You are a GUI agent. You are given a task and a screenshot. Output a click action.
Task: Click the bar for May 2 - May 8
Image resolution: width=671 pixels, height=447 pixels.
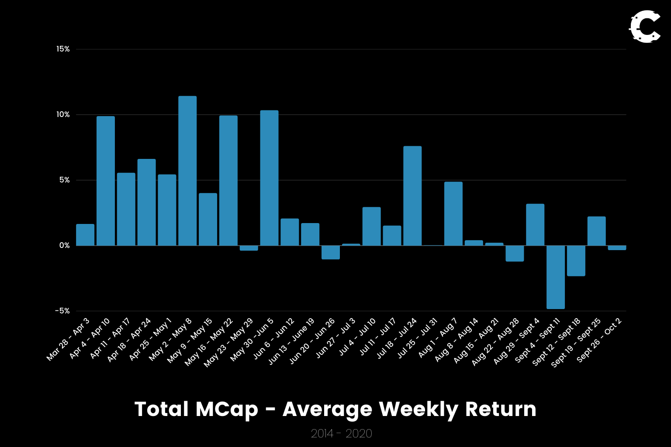[x=187, y=171]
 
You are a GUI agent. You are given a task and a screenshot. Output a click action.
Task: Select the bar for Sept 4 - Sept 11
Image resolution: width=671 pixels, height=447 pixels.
[x=556, y=277]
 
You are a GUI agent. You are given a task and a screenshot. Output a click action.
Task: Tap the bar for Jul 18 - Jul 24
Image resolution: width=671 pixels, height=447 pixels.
[x=412, y=196]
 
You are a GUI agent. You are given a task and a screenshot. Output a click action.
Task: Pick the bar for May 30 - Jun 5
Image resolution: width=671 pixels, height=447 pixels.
[x=269, y=178]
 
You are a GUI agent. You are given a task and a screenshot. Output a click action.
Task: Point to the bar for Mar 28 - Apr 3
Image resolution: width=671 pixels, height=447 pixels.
[x=85, y=235]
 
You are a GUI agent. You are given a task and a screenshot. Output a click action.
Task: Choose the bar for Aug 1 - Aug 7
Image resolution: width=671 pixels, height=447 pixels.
[x=453, y=214]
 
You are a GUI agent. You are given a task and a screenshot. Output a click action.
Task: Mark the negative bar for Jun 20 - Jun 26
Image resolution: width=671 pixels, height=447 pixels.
[x=331, y=252]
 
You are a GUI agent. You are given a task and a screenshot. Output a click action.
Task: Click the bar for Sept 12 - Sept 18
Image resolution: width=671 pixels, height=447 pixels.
[x=576, y=261]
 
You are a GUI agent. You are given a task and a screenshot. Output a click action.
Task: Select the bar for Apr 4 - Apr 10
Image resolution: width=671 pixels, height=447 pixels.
[x=106, y=181]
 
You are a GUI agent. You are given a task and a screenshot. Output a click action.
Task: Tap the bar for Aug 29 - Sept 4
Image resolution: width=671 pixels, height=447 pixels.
[x=535, y=225]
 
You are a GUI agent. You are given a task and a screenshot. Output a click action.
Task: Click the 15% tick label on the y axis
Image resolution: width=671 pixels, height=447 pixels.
[x=63, y=49]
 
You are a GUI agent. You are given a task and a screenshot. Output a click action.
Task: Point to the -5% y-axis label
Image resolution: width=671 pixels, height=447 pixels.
[x=62, y=311]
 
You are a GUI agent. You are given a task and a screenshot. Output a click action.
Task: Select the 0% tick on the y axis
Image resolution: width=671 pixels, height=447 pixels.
[x=64, y=246]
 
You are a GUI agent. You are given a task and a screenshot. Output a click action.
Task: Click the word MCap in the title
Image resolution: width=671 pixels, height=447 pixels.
[x=227, y=409]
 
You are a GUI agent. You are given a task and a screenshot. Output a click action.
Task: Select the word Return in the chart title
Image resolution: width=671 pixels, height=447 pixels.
[x=501, y=409]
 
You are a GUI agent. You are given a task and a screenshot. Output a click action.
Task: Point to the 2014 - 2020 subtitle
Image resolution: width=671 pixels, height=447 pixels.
[x=341, y=433]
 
